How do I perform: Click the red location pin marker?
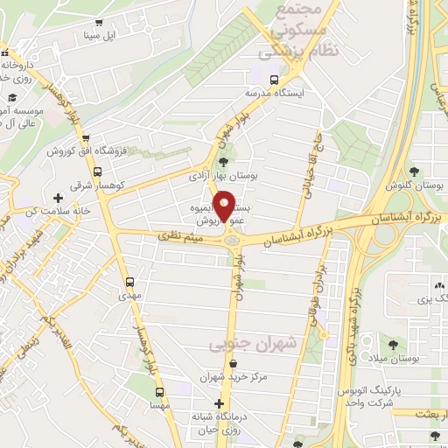[225, 206]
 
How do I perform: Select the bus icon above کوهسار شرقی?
[97, 172]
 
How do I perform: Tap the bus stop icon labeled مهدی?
[130, 283]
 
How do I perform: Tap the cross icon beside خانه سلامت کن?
[59, 199]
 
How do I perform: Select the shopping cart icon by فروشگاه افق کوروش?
[86, 138]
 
